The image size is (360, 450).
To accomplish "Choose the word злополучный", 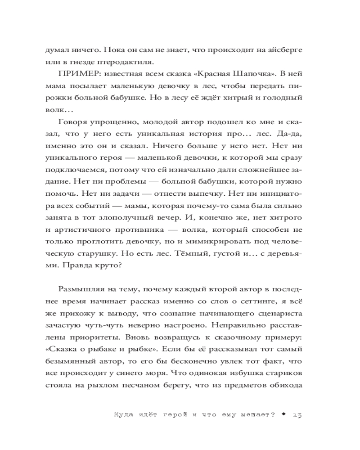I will (143, 219).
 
